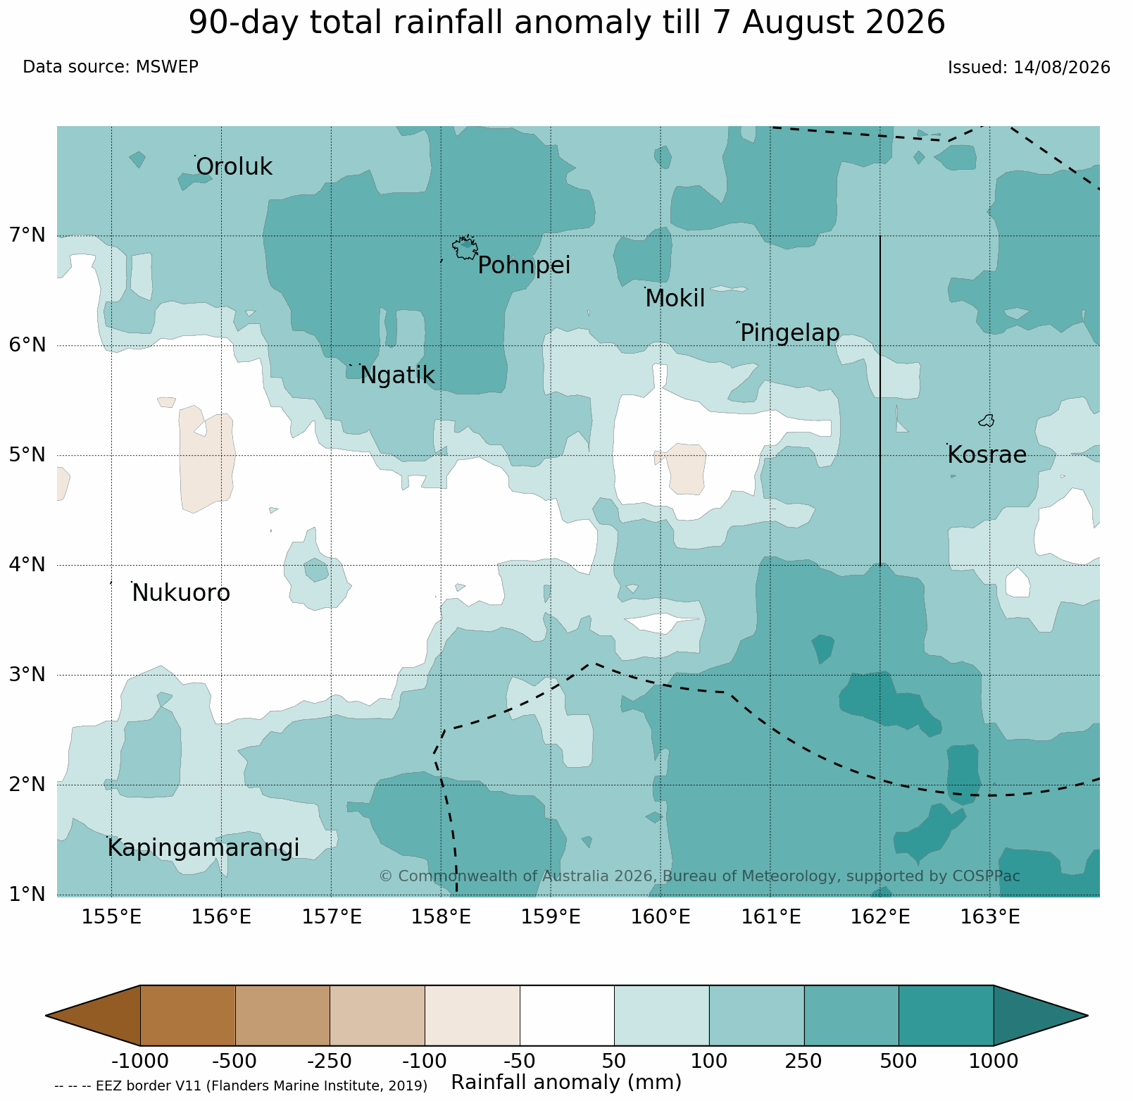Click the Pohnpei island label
[x=524, y=266]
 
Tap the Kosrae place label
[x=987, y=455]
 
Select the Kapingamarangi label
[x=204, y=849]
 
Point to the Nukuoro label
[x=181, y=593]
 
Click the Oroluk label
[x=234, y=167]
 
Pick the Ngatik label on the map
[x=397, y=376]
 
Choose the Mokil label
[x=675, y=299]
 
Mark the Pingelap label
[x=790, y=333]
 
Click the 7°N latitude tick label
[x=28, y=235]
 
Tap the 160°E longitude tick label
[x=661, y=917]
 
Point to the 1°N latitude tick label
[x=28, y=894]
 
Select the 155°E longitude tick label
[x=111, y=917]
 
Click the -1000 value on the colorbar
[x=140, y=1061]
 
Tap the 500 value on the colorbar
[x=899, y=1061]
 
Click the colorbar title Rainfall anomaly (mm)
[x=566, y=1083]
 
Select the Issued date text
[x=1029, y=68]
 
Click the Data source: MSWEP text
[x=111, y=67]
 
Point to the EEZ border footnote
[x=241, y=1086]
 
